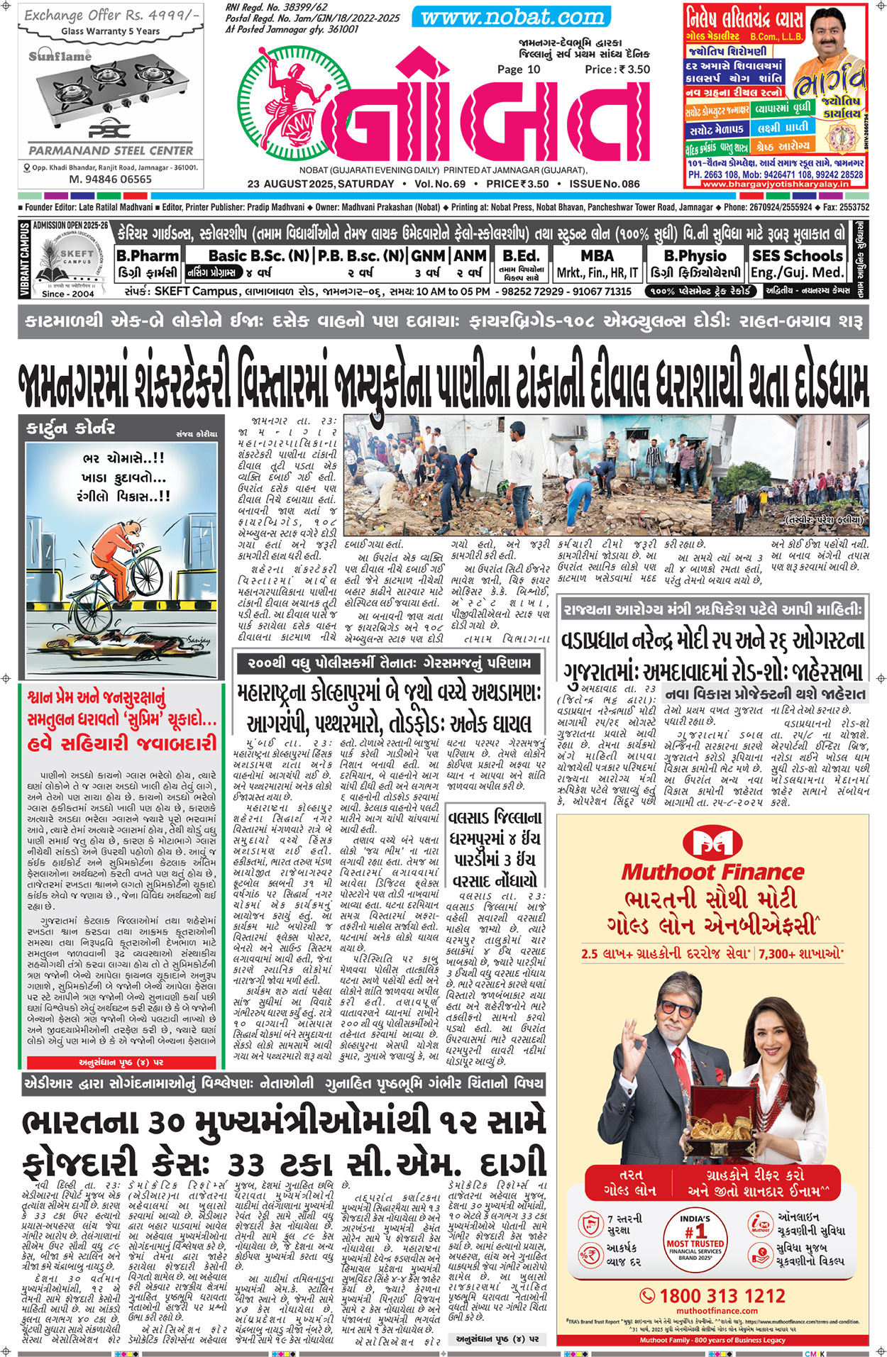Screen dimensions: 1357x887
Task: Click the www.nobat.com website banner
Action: click(x=512, y=17)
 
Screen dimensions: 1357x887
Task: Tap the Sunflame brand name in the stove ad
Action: click(x=60, y=55)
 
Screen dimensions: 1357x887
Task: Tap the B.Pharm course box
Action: click(x=147, y=263)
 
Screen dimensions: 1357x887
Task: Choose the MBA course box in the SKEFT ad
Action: click(x=597, y=263)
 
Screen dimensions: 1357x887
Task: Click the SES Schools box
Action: click(x=797, y=263)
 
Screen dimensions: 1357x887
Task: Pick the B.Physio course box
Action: click(x=695, y=263)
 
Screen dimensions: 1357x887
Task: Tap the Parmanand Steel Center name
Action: click(x=111, y=150)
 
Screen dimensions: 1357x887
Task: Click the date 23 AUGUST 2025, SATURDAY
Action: click(x=321, y=184)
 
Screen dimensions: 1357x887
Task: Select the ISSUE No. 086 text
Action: click(x=604, y=184)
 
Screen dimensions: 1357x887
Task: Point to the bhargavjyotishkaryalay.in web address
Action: click(x=776, y=184)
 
